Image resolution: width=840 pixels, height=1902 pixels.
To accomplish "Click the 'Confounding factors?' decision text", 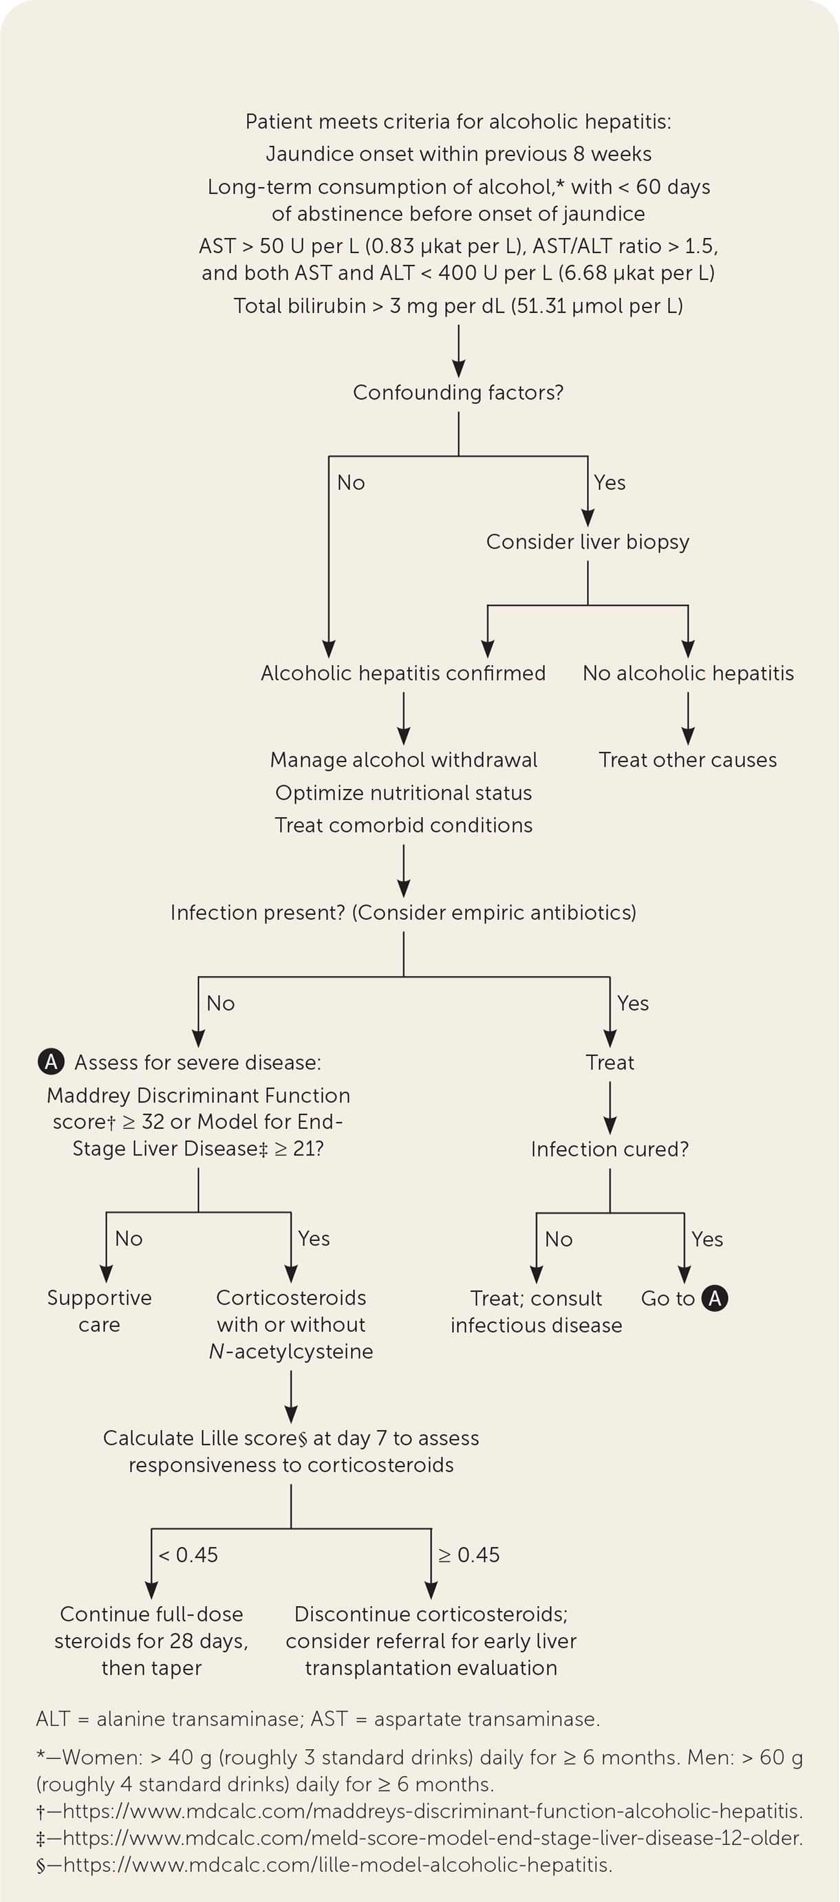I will click(457, 392).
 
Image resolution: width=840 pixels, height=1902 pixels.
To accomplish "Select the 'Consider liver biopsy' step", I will click(588, 541).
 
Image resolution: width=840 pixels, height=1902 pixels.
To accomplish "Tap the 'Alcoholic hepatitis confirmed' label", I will click(403, 673).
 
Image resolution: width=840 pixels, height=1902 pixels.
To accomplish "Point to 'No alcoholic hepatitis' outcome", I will click(688, 673).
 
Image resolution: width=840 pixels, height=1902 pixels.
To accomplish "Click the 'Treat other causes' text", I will click(688, 759).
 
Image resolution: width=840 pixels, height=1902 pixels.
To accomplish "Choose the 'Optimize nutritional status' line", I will click(403, 792).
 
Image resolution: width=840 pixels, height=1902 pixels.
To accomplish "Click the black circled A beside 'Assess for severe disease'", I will click(51, 1062).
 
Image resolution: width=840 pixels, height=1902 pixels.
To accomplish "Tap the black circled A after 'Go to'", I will click(715, 1297).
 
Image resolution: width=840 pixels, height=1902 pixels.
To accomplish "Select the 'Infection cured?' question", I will click(610, 1149).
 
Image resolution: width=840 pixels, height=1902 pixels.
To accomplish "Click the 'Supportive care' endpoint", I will click(99, 1310).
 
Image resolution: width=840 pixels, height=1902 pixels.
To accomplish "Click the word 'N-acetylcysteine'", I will click(291, 1351).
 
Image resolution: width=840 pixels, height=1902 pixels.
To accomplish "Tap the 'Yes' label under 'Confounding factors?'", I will click(610, 482).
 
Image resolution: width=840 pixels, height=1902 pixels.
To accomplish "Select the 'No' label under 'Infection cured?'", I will click(559, 1239).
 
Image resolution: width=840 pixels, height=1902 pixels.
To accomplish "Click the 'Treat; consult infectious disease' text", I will click(536, 1311).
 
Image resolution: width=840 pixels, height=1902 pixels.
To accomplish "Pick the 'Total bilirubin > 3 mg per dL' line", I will click(457, 305).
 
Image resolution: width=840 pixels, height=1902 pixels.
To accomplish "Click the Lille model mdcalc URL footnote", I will click(324, 1864).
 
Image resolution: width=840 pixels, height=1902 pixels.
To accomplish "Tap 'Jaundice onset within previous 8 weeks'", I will click(457, 153).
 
